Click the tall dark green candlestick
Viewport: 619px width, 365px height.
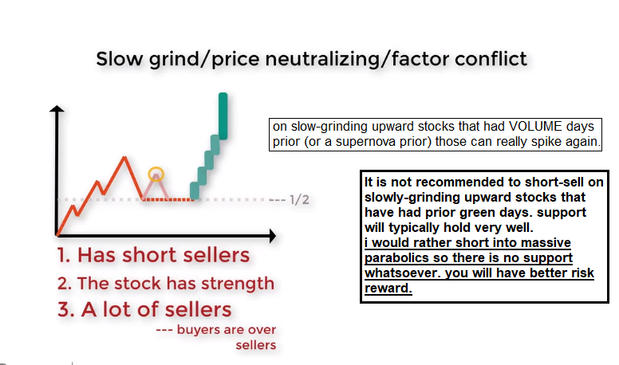(223, 116)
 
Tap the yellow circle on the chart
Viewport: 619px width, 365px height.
(156, 167)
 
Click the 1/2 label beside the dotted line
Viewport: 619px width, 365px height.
(299, 200)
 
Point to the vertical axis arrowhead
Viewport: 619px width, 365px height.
(57, 109)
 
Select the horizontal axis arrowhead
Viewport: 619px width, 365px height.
(272, 236)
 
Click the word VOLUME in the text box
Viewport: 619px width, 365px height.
(535, 126)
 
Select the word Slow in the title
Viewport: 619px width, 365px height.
(119, 59)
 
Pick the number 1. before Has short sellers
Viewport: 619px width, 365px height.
(64, 255)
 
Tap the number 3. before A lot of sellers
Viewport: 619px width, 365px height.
(66, 309)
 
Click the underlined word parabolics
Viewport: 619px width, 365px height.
(396, 258)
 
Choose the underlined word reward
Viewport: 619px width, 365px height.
(388, 288)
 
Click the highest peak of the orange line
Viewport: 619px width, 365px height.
(124, 158)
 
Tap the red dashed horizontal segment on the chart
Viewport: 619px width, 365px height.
(168, 200)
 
